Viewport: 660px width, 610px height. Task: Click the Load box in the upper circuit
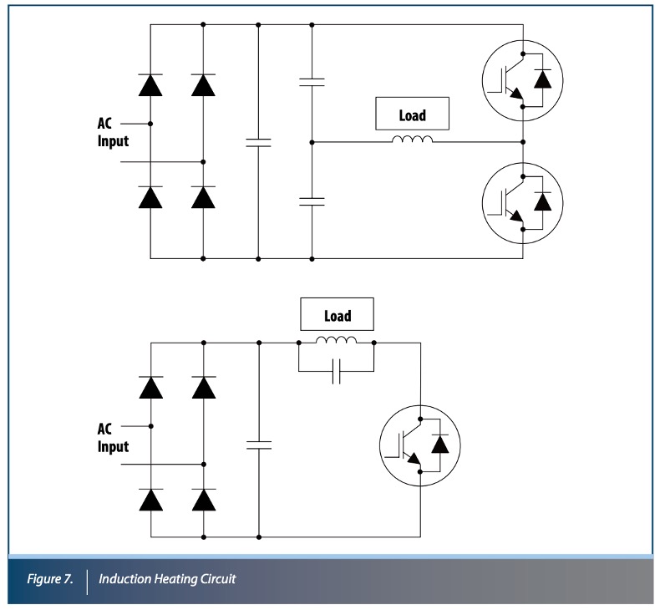(413, 116)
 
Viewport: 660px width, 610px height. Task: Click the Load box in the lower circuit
(338, 317)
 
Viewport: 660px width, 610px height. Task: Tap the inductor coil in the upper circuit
(413, 140)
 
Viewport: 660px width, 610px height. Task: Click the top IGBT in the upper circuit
(522, 79)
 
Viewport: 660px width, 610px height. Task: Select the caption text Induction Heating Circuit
(167, 579)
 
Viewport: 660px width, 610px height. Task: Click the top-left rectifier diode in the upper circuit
(150, 85)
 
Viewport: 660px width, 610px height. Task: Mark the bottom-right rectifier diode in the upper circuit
(204, 196)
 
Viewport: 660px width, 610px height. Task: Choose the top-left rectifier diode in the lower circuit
(150, 387)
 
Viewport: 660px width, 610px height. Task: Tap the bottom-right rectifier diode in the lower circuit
(204, 498)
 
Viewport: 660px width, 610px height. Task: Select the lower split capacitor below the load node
(311, 200)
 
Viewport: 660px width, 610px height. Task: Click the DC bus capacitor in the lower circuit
(259, 444)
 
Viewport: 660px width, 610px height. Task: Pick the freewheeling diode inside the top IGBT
(542, 79)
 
